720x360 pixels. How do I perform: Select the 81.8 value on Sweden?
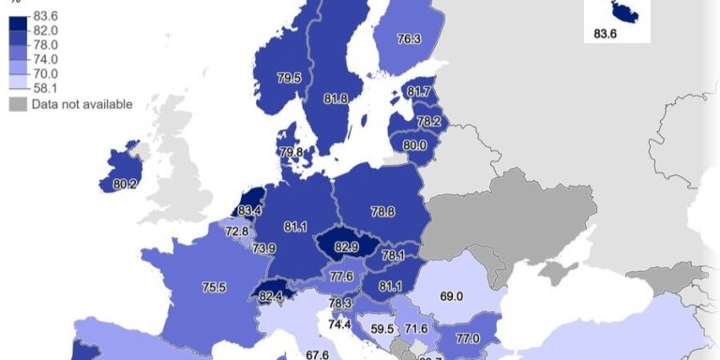coord(335,98)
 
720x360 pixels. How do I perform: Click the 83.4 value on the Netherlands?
coord(249,210)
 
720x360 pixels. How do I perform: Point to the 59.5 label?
coord(382,329)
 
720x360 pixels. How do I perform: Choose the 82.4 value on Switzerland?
coord(271,296)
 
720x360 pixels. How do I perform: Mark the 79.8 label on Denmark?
coord(291,152)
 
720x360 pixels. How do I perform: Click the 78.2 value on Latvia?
coord(428,122)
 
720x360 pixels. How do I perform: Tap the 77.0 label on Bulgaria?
coord(468,338)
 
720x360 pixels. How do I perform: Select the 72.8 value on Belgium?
coord(237,231)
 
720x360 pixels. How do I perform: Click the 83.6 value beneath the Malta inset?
coord(607,35)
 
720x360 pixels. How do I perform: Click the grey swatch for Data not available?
coord(18,104)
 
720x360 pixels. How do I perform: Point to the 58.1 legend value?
coord(45,88)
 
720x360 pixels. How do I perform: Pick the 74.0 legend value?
coord(45,58)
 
